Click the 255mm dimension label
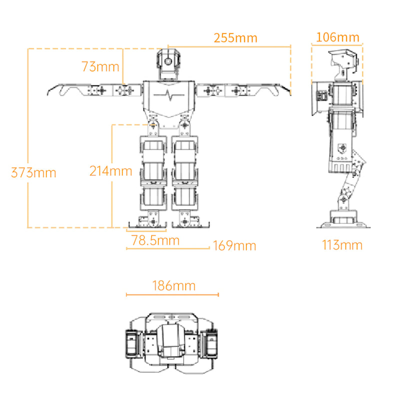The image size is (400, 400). point(235,38)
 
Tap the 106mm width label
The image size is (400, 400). point(337,37)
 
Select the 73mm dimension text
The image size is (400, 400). point(100,66)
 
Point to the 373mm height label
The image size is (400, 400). point(33,173)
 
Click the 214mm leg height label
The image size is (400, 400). point(110,171)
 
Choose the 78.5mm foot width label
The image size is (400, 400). point(155,240)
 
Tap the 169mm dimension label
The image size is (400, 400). point(234,246)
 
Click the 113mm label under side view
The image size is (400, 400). point(341,245)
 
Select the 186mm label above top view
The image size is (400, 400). point(173,286)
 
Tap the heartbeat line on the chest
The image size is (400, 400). point(168,95)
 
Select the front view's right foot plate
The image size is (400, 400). point(192,223)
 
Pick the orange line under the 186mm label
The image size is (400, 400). point(172,295)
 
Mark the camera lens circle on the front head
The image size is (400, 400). point(168,61)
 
